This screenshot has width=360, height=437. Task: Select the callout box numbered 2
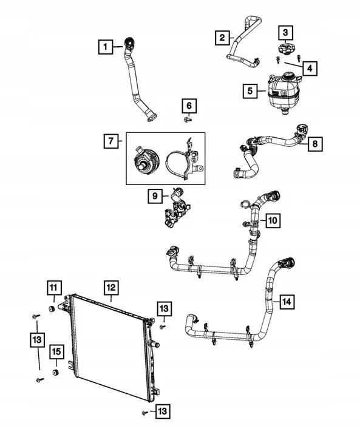coord(222,38)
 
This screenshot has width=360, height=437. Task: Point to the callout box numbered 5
coord(250,91)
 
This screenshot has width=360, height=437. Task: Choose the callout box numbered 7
coord(111,142)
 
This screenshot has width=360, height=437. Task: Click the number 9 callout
coord(155,196)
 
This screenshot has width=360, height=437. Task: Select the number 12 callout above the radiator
coord(110,286)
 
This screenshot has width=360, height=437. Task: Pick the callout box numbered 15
coord(56,351)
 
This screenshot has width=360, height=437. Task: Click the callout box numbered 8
coord(316,144)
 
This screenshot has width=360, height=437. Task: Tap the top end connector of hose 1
coord(129,42)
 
